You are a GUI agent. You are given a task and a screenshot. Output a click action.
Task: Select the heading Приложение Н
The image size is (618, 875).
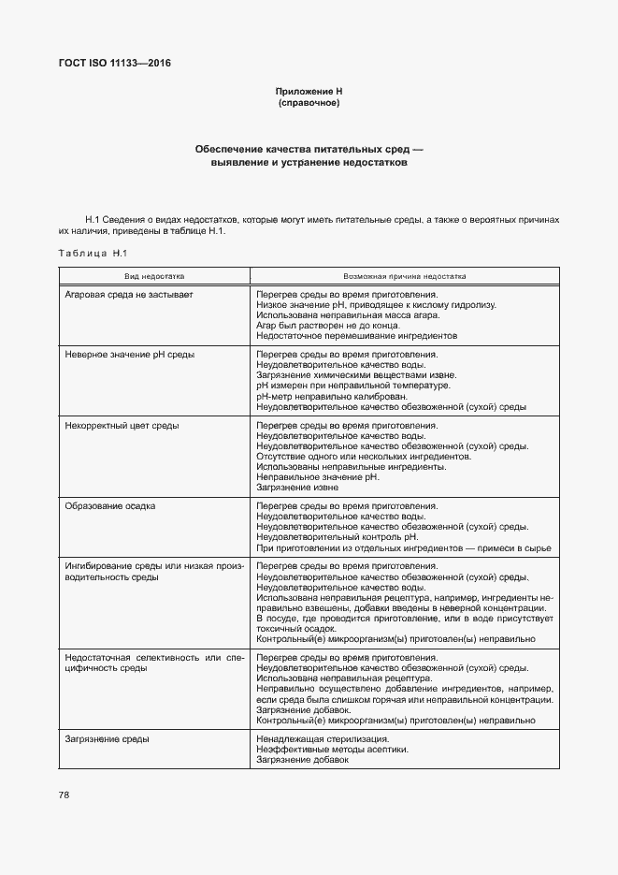click(x=309, y=91)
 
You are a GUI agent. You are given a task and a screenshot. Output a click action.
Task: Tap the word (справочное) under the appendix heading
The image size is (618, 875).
click(x=309, y=102)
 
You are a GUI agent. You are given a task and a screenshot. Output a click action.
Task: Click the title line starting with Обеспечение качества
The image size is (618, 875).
click(x=309, y=149)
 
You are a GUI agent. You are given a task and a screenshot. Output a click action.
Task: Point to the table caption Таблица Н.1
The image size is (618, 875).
click(x=92, y=254)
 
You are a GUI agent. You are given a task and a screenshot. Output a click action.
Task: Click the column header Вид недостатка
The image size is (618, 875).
click(x=155, y=277)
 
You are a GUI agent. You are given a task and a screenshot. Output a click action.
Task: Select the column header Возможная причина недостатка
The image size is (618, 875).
click(x=404, y=277)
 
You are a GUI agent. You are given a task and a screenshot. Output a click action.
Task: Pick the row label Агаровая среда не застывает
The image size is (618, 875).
click(x=129, y=294)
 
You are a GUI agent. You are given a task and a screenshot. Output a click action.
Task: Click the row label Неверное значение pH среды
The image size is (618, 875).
click(x=129, y=355)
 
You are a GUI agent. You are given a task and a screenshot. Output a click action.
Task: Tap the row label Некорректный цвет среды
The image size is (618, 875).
click(x=122, y=426)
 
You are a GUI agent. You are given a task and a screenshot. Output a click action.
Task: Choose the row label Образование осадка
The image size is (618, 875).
click(x=110, y=506)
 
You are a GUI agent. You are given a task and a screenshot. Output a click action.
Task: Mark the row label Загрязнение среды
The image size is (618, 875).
click(x=108, y=739)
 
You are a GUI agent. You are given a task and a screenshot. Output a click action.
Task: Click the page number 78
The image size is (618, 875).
click(x=64, y=795)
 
